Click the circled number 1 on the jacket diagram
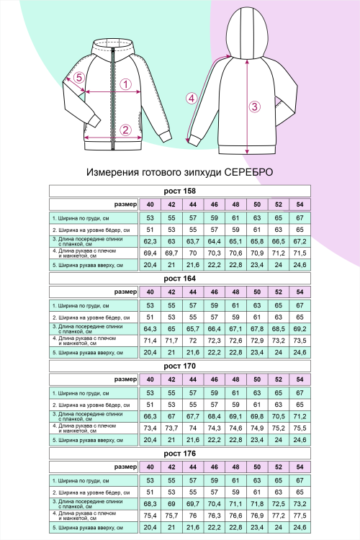pos(125,84)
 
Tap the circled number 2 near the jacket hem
pos(125,130)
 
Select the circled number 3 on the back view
pos(254,107)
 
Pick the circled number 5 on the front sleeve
pos(79,78)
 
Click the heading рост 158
pos(180,191)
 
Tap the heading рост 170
pos(180,366)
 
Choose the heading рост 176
pos(180,454)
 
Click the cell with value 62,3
pos(150,241)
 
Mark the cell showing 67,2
pos(300,241)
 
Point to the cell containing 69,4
pos(150,253)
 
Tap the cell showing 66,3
pos(150,416)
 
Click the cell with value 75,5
pos(300,428)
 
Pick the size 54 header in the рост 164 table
pos(300,292)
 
